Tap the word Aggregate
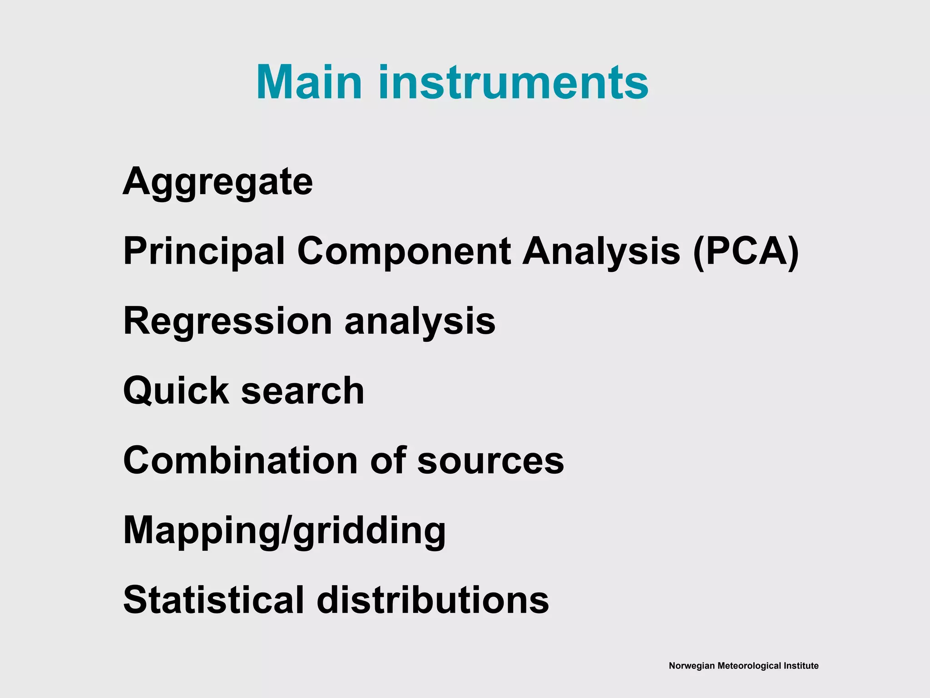pyautogui.click(x=218, y=182)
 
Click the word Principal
pyautogui.click(x=204, y=251)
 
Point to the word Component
pyautogui.click(x=404, y=251)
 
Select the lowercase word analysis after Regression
pyautogui.click(x=420, y=321)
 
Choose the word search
pyautogui.click(x=302, y=391)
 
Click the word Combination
pyautogui.click(x=241, y=460)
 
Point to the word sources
pyautogui.click(x=490, y=460)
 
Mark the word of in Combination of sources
pyautogui.click(x=388, y=460)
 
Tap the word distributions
pyautogui.click(x=433, y=600)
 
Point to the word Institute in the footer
pyautogui.click(x=801, y=666)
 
